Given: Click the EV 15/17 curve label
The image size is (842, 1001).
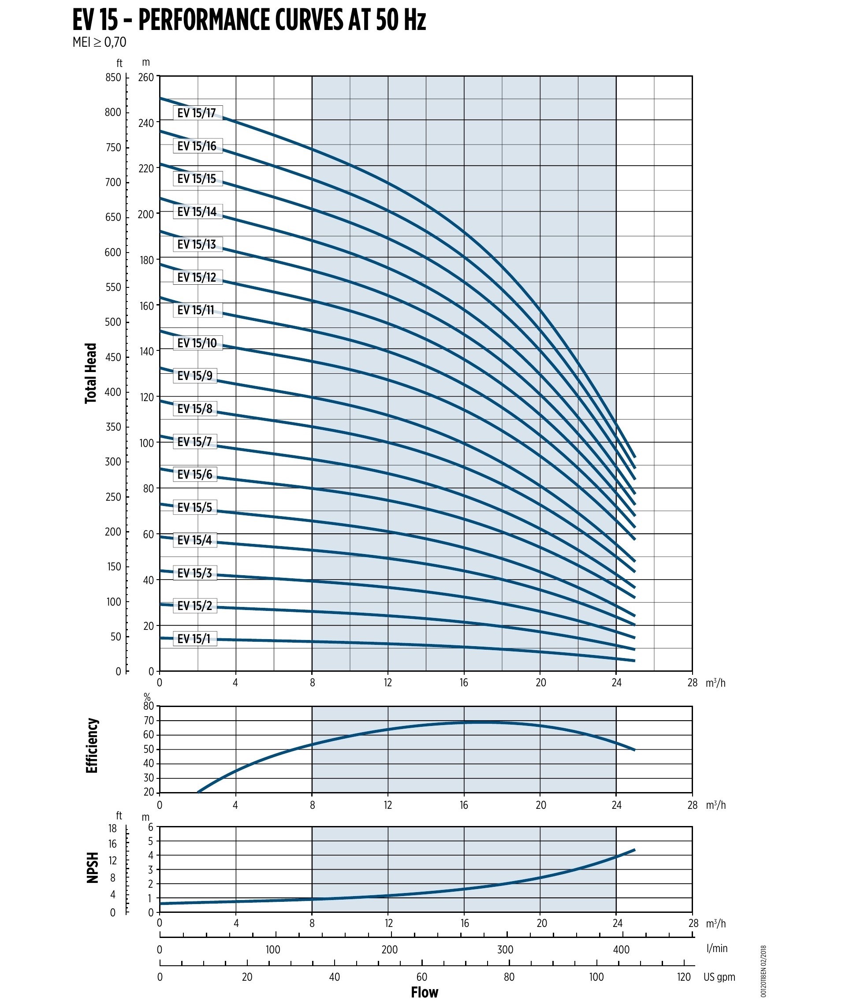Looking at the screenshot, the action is [197, 113].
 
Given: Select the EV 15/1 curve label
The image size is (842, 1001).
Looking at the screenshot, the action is [194, 639].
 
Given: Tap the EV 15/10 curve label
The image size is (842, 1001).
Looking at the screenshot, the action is [197, 343].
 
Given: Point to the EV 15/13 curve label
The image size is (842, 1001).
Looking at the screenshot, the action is [197, 244].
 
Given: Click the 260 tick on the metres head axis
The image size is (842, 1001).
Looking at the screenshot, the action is [146, 77].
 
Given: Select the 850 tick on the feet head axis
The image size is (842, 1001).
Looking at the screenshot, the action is [114, 77].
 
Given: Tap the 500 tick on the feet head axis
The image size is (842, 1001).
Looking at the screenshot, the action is [114, 322].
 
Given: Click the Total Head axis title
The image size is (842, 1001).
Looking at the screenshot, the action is [91, 373].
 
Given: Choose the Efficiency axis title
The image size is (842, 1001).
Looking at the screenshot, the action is [92, 746].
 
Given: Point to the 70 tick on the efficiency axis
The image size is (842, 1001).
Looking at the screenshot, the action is [149, 721].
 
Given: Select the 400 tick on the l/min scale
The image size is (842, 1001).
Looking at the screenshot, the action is [621, 949].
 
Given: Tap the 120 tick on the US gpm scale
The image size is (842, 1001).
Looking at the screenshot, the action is [684, 977].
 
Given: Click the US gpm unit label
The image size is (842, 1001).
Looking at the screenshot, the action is [719, 977].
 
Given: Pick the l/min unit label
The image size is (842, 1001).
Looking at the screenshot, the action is [717, 948].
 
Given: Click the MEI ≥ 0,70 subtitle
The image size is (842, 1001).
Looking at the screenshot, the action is [99, 42].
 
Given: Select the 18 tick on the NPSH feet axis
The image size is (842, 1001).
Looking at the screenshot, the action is [113, 829].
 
